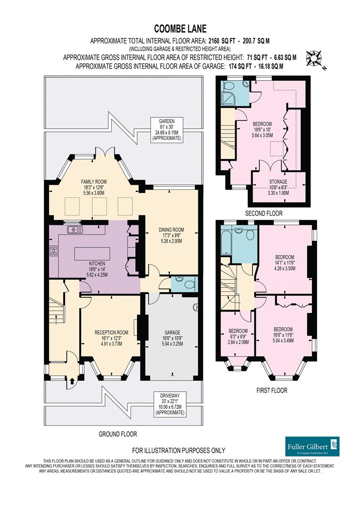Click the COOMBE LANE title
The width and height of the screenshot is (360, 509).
180,29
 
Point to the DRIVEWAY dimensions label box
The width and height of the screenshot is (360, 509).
170,403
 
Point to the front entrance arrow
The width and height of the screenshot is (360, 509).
72,379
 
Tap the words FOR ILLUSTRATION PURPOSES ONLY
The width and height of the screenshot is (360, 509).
179,450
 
